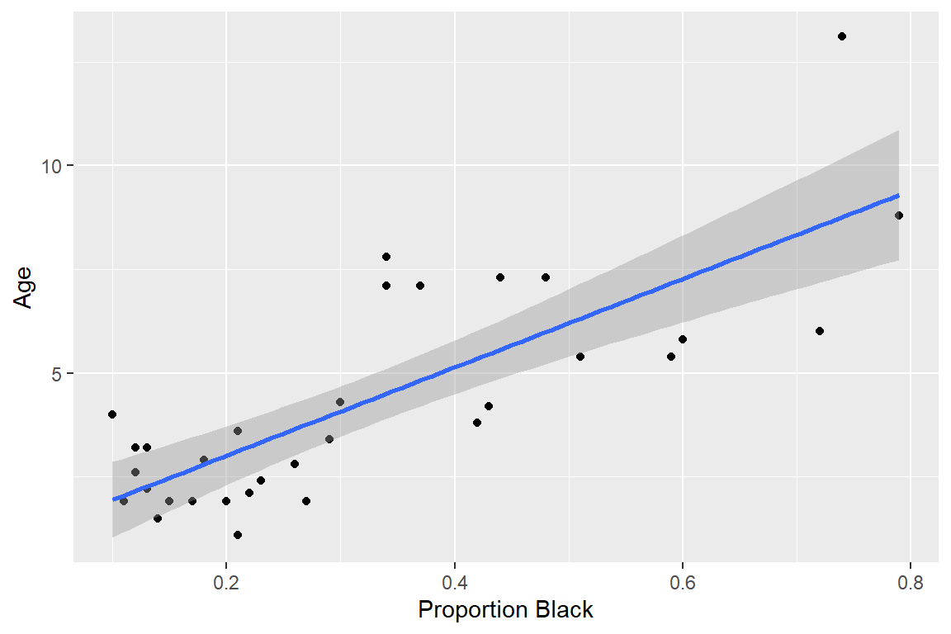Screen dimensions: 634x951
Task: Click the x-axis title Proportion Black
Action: click(x=505, y=610)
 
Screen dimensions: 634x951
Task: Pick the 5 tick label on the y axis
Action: click(x=58, y=373)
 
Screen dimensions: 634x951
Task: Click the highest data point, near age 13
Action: click(x=842, y=36)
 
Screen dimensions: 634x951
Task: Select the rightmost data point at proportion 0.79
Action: click(x=899, y=215)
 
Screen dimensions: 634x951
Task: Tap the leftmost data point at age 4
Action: click(x=112, y=414)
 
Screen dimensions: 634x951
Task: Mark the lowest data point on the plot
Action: click(x=238, y=535)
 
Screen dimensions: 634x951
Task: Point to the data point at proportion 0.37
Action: click(x=420, y=286)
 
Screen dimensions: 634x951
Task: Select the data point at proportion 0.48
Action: click(x=546, y=277)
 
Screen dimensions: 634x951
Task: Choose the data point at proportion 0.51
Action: click(x=580, y=357)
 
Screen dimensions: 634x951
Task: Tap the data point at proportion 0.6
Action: click(x=683, y=339)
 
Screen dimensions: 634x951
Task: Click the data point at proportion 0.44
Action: click(x=500, y=277)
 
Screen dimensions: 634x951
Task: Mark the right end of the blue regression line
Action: click(x=898, y=196)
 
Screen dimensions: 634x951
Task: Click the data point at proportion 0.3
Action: click(x=340, y=402)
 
